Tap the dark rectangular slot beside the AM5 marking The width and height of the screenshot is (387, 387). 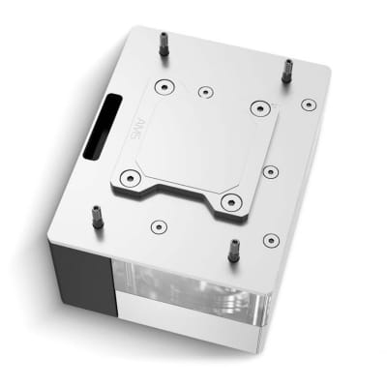pos(100,127)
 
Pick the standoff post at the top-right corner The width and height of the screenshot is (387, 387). pos(287,70)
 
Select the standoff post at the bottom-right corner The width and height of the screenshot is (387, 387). pos(233,250)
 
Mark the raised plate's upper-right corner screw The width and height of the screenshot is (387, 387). pos(257,107)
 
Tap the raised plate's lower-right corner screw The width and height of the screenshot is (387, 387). pos(229,201)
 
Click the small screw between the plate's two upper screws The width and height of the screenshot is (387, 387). pos(205,93)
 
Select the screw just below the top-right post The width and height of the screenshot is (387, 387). pos(308,104)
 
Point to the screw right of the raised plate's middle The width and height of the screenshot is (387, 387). pos(270,172)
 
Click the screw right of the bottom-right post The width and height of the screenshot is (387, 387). pos(269,239)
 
